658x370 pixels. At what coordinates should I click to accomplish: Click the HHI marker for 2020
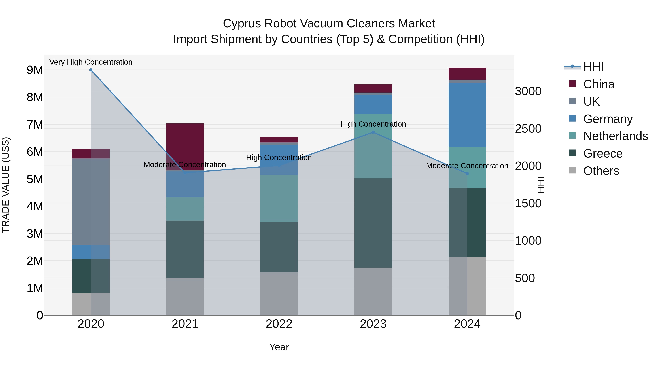tap(91, 70)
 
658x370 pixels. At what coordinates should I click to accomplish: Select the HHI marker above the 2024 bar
tap(467, 174)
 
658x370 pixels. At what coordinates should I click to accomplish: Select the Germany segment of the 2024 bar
tap(467, 115)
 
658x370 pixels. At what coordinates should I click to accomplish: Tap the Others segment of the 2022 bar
tap(279, 293)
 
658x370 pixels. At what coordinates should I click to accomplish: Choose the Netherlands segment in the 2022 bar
tap(279, 198)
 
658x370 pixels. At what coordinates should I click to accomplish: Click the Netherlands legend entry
tap(615, 136)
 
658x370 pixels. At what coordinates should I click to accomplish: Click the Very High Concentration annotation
tap(91, 62)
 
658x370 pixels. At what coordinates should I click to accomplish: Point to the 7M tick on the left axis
tap(35, 125)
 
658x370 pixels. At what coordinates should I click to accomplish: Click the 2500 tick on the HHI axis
tap(528, 129)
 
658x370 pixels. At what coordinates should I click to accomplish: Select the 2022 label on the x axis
tap(279, 324)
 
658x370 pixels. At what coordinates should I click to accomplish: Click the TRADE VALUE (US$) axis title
tap(6, 185)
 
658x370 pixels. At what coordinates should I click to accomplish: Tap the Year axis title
tap(279, 347)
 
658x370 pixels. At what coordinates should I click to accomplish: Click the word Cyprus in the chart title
tap(242, 24)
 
